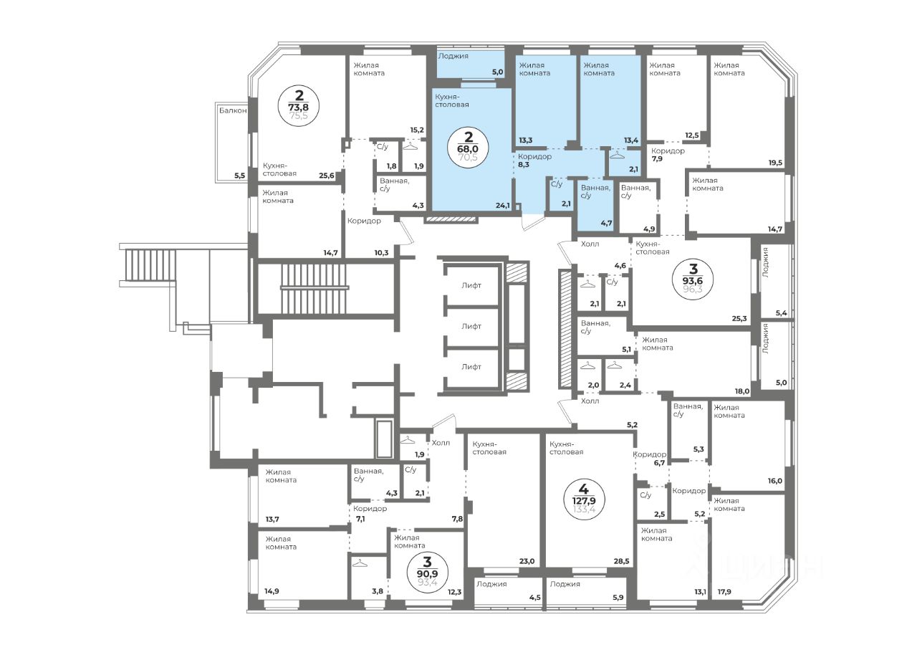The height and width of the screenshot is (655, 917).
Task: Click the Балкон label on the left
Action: (233, 110)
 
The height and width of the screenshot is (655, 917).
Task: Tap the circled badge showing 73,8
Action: (299, 107)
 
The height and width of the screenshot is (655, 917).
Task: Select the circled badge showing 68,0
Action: (468, 148)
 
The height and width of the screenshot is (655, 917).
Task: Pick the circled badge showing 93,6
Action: (693, 279)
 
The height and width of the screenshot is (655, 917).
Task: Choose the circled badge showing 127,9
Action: (584, 499)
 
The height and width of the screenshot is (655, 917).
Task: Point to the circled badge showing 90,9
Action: (428, 570)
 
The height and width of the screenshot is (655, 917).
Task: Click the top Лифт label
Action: (471, 285)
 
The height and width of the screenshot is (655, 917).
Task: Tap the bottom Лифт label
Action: (471, 367)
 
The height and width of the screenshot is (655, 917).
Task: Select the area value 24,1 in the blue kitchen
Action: (503, 206)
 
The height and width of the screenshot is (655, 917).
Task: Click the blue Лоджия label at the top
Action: (453, 56)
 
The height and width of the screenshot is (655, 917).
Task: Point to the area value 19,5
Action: (775, 163)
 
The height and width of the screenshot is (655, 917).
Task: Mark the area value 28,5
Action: (621, 561)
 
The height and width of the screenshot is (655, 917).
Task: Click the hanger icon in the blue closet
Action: (615, 156)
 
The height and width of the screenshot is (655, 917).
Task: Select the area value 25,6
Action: (327, 176)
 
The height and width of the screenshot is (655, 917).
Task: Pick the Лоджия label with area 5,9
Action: (565, 584)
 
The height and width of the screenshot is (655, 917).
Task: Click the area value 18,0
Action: (742, 391)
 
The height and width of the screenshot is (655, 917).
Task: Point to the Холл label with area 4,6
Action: (590, 244)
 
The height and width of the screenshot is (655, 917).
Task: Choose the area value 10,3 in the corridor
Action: (382, 253)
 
